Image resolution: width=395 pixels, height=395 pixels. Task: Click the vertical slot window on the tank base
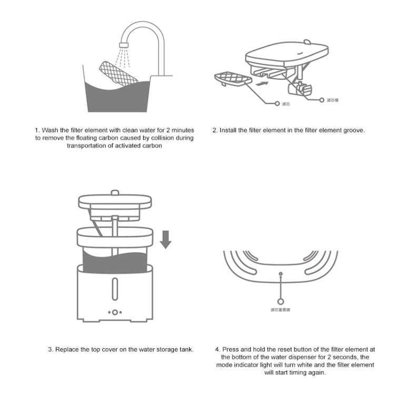pyautogui.click(x=115, y=288)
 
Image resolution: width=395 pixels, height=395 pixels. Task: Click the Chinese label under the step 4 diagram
pyautogui.click(x=280, y=309)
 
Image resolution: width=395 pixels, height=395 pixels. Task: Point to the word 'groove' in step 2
pyautogui.click(x=353, y=130)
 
